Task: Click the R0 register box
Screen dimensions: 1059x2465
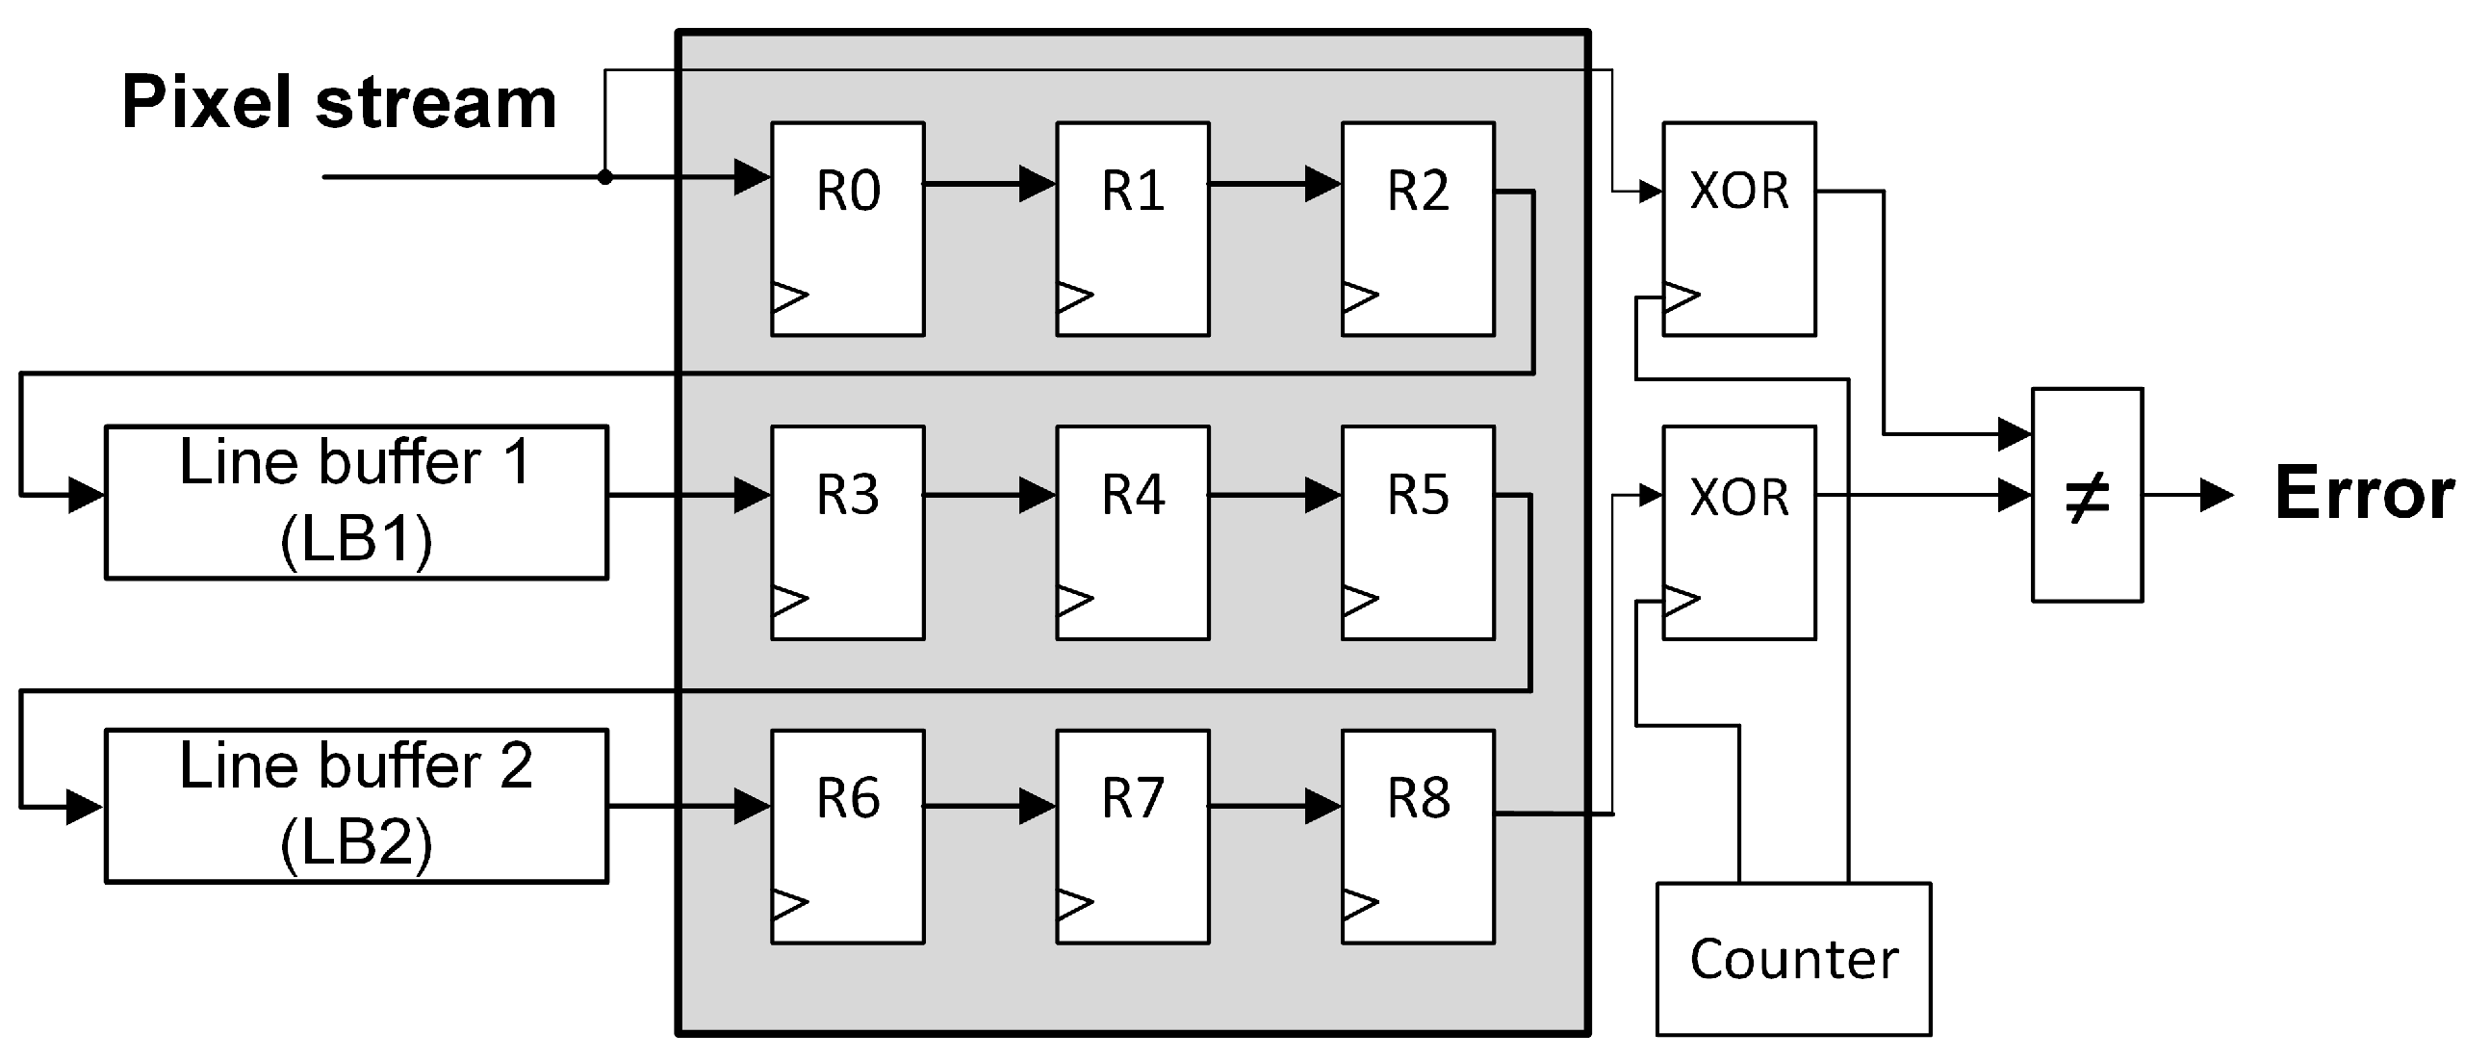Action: (847, 229)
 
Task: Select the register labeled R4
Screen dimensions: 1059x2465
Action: (1132, 532)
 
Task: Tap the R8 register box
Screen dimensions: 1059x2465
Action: (1418, 837)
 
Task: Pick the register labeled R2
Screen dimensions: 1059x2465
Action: (1418, 229)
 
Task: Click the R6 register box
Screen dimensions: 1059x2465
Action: (847, 837)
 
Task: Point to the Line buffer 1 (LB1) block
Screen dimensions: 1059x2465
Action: (356, 502)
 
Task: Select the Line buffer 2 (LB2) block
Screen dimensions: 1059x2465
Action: (356, 806)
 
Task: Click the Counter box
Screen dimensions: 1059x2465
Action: (1793, 959)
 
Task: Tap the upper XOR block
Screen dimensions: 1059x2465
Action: (1738, 229)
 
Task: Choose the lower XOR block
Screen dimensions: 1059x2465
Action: (1738, 532)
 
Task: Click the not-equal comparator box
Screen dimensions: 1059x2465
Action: (2087, 496)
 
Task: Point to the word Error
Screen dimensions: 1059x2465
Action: (2363, 494)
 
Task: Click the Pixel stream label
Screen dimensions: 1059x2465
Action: (339, 103)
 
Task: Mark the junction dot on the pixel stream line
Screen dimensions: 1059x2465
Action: (604, 177)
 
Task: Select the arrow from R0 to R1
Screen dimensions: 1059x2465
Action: (991, 183)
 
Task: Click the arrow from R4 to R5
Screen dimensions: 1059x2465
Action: (1276, 496)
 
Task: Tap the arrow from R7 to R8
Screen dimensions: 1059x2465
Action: (1276, 806)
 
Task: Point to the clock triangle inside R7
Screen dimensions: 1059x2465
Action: (1074, 904)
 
